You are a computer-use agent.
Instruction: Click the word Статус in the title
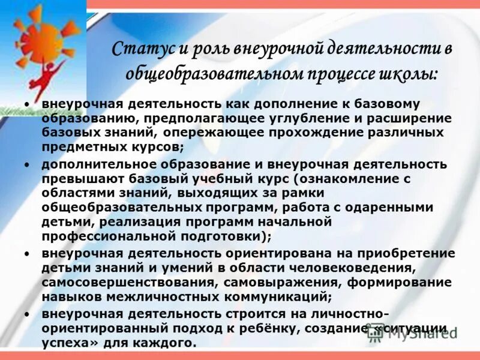click(139, 49)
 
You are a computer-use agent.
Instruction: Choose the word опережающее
click(223, 132)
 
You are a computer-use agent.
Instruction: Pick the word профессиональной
click(106, 236)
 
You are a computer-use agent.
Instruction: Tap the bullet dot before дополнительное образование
click(27, 164)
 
